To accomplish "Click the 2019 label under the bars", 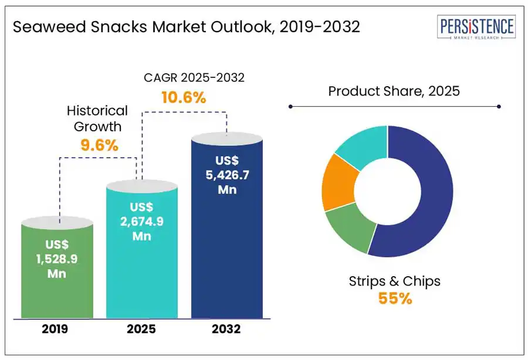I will pyautogui.click(x=55, y=329).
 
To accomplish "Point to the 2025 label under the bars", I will pyautogui.click(x=141, y=329).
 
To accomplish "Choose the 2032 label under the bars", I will pyautogui.click(x=226, y=329).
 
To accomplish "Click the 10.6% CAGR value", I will pyautogui.click(x=184, y=97).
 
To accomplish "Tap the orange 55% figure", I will pyautogui.click(x=394, y=298).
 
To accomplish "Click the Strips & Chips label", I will pyautogui.click(x=394, y=281).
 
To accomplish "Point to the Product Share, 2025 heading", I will pyautogui.click(x=394, y=91).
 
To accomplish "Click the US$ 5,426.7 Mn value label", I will pyautogui.click(x=227, y=174).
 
